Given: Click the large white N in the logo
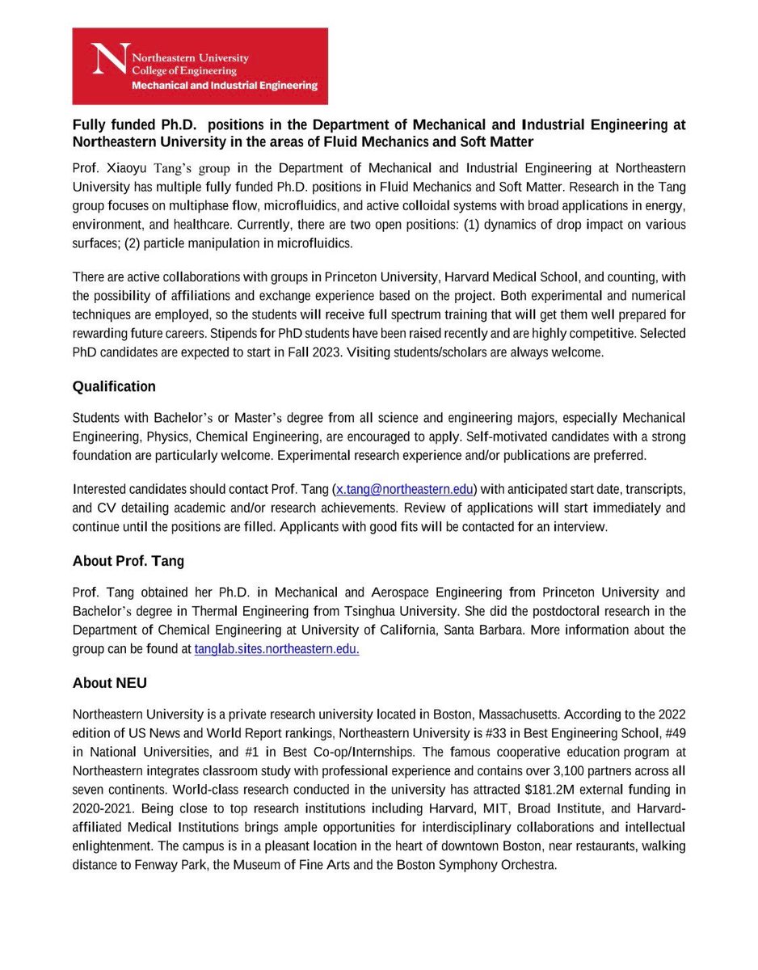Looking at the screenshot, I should tap(110, 65).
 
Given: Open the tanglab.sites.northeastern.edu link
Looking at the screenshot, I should tap(276, 648).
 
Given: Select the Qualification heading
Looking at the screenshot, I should tap(114, 386).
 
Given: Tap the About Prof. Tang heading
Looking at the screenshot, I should tap(128, 560).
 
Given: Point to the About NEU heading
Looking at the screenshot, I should tap(110, 683).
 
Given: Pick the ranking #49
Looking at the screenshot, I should tap(672, 734).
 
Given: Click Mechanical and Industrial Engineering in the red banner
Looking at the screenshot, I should tap(225, 85).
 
